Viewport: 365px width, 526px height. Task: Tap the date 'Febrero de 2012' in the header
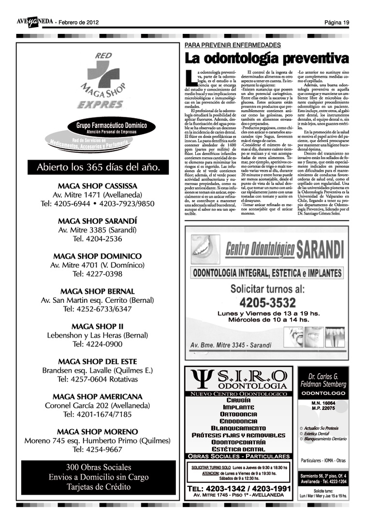click(x=79, y=22)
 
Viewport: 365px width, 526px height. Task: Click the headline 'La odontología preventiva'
click(x=267, y=58)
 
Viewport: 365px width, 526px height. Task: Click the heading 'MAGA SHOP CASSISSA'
click(x=97, y=186)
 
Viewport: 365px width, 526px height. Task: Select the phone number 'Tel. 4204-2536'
click(x=97, y=239)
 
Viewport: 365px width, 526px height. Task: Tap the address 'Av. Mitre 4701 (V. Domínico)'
click(x=97, y=265)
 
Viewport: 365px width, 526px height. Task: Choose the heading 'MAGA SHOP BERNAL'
click(x=97, y=291)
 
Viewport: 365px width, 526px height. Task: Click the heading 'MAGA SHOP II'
click(x=97, y=326)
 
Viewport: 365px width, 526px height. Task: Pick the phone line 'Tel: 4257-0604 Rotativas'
click(x=97, y=379)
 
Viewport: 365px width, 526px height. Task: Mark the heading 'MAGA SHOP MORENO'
click(x=97, y=432)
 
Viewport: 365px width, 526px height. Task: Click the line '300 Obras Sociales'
click(x=98, y=467)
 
